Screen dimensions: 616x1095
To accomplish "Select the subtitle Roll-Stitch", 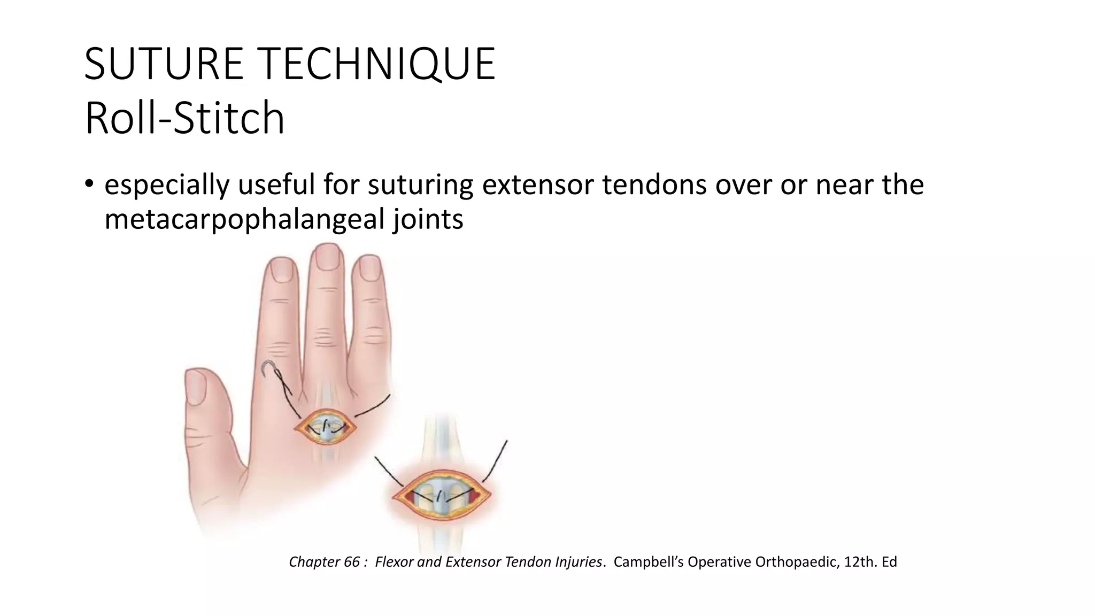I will click(x=184, y=118).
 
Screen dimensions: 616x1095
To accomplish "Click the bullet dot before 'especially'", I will click(x=89, y=185).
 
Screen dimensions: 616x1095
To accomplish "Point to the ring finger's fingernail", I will click(x=369, y=268).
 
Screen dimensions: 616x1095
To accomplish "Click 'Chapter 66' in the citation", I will click(x=324, y=562).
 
